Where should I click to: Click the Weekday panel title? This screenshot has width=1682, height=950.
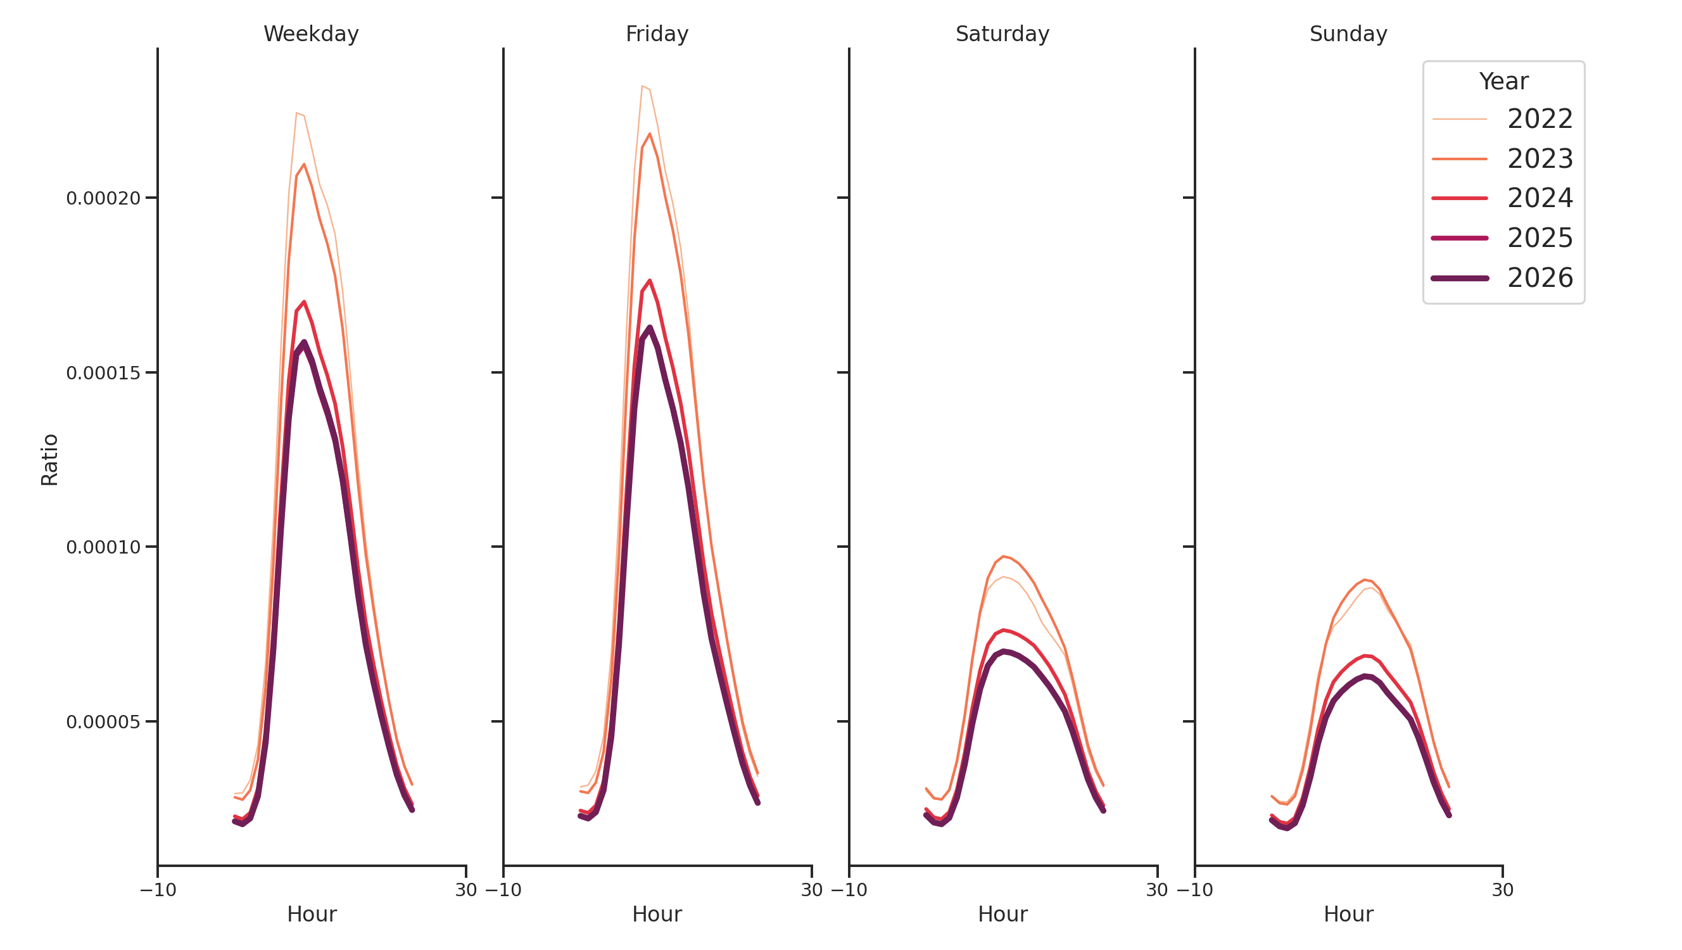coord(311,34)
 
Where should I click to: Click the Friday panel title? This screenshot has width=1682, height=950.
coord(657,34)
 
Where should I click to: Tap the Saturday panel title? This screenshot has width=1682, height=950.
coord(1002,34)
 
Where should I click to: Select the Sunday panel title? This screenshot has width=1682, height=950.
coord(1348,34)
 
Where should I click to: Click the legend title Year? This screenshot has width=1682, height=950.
coord(1503,82)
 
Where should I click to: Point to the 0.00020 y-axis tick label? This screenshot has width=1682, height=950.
coord(103,198)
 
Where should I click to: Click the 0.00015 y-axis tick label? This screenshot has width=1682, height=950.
coord(103,373)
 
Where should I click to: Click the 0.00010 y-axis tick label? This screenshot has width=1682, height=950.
coord(103,547)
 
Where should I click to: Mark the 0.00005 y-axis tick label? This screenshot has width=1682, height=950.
coord(103,721)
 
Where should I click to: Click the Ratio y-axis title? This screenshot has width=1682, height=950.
coord(49,460)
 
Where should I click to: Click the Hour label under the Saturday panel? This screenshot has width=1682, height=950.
coord(1002,914)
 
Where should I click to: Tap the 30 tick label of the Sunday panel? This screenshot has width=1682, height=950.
coord(1502,890)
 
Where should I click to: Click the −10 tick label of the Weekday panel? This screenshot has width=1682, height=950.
coord(158,890)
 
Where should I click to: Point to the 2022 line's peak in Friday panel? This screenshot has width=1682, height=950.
coord(643,86)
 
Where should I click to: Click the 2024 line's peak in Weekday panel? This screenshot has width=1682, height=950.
coord(304,301)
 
